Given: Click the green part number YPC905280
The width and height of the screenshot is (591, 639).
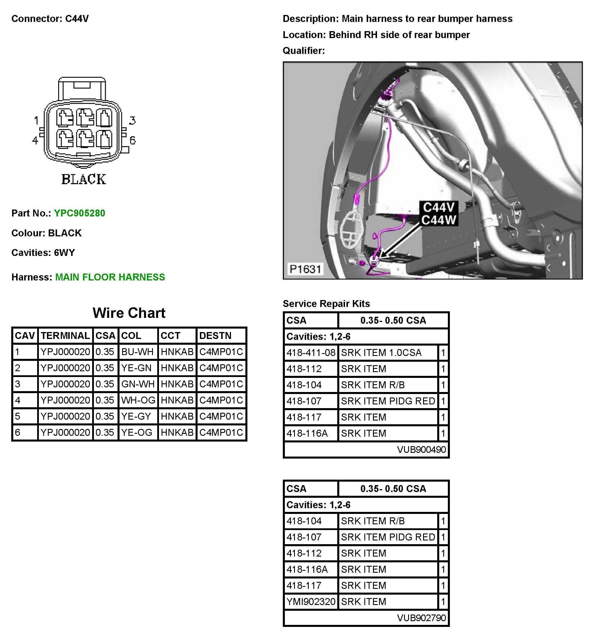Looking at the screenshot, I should tap(79, 213).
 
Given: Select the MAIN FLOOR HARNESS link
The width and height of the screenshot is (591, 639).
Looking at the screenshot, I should tap(110, 277).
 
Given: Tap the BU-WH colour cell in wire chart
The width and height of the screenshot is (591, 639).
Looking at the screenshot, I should tap(137, 352).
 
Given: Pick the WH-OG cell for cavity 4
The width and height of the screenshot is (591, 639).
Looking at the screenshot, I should tap(138, 400).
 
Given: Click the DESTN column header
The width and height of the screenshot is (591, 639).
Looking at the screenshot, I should tap(215, 336).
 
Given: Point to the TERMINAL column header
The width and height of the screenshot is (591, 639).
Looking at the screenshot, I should tap(65, 336).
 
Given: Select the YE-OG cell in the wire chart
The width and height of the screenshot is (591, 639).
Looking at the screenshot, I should tap(137, 433).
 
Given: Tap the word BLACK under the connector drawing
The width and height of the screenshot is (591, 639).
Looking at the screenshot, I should tap(84, 180).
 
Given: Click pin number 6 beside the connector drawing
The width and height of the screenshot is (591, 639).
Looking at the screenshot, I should tap(132, 140).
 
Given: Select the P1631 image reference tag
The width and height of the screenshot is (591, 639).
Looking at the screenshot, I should tap(305, 269).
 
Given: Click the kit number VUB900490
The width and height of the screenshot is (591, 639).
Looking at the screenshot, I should tap(421, 450).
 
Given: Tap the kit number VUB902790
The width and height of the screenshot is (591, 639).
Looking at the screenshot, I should tap(421, 618).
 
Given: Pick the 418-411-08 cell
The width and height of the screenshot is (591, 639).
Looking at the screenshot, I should tap(310, 353).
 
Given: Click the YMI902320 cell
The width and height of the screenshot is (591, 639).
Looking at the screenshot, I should tap(310, 602).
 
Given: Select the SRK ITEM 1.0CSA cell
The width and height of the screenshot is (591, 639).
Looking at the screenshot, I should tap(381, 353).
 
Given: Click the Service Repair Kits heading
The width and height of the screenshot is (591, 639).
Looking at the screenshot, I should tap(326, 304).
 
